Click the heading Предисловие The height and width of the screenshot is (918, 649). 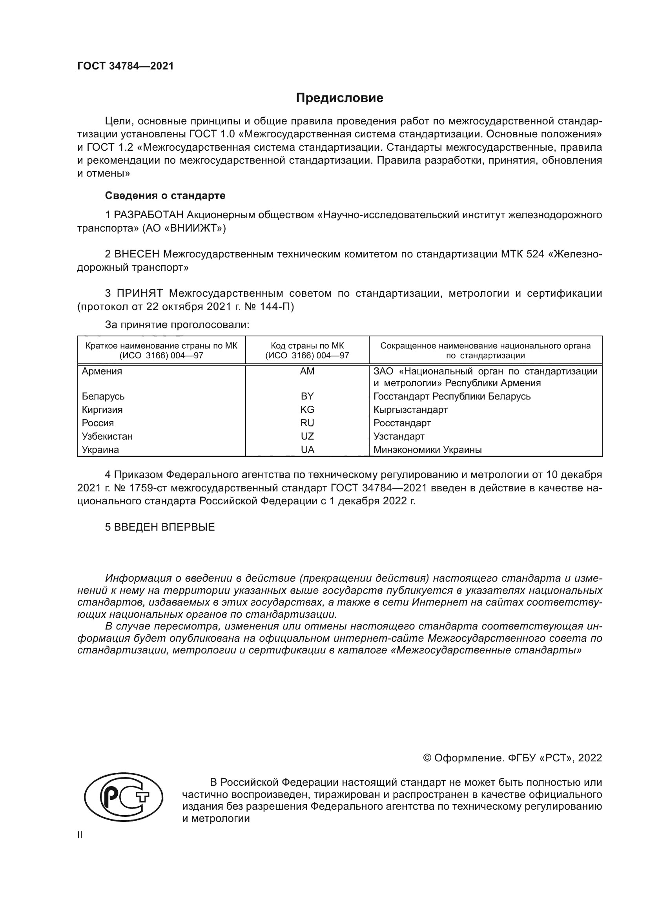(339, 98)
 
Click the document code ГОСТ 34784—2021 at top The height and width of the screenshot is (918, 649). (126, 66)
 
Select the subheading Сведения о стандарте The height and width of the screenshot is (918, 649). (165, 195)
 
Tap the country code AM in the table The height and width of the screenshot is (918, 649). (307, 371)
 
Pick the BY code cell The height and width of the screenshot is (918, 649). (307, 396)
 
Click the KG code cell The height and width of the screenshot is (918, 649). (307, 409)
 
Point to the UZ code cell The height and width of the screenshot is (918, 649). (307, 436)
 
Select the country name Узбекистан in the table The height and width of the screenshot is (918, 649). (107, 436)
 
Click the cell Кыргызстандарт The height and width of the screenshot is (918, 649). (410, 409)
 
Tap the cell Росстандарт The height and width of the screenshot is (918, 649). (402, 423)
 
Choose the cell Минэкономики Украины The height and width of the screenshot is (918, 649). (427, 450)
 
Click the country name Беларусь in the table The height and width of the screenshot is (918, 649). (103, 396)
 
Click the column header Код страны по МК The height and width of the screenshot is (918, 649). (307, 346)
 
